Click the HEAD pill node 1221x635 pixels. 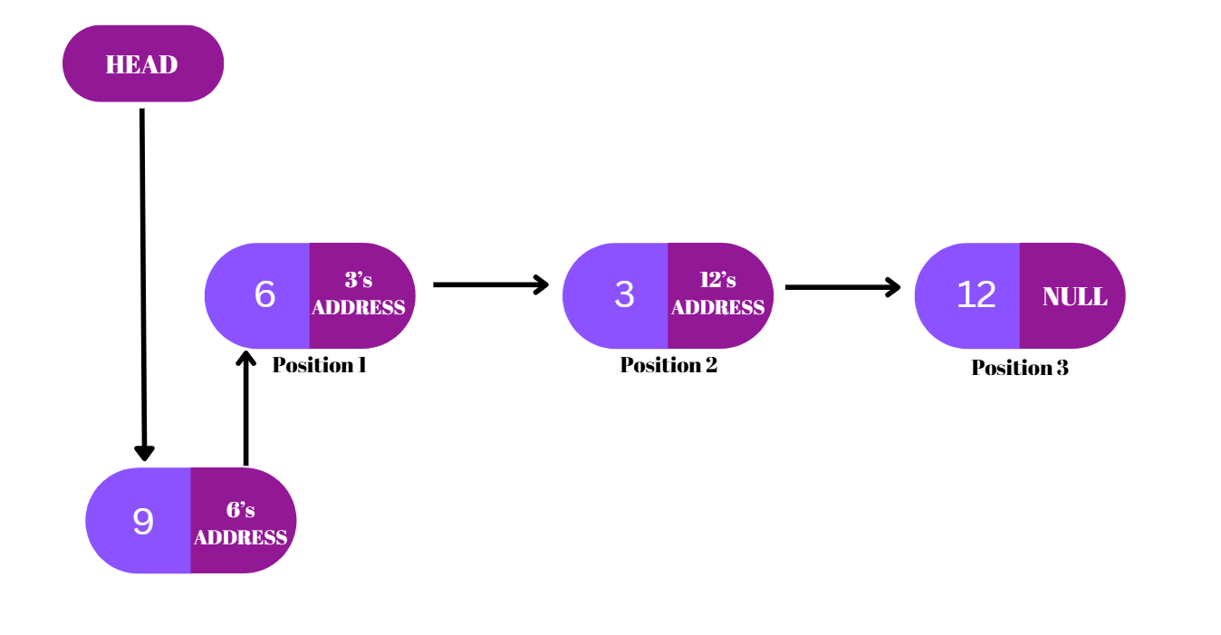pos(142,64)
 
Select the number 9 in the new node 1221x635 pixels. pos(143,522)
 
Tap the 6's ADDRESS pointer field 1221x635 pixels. pos(241,523)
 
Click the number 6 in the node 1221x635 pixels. pos(264,295)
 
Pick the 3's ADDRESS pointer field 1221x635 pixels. pos(359,295)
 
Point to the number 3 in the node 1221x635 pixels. pos(624,295)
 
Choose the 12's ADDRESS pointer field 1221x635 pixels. pos(718,295)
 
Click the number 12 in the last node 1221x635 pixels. pos(976,295)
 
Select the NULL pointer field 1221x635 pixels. pos(1074,297)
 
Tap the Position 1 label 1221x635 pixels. pos(319,365)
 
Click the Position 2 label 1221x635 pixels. pos(668,365)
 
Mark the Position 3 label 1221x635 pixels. pos(1020,368)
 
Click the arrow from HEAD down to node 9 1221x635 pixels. pos(142,281)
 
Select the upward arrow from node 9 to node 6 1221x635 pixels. pos(245,408)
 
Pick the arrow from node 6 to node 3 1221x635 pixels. pos(489,284)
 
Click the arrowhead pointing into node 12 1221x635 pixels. pos(892,287)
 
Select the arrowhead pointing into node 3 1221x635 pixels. pos(541,284)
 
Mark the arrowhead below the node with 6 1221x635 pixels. pos(245,359)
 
